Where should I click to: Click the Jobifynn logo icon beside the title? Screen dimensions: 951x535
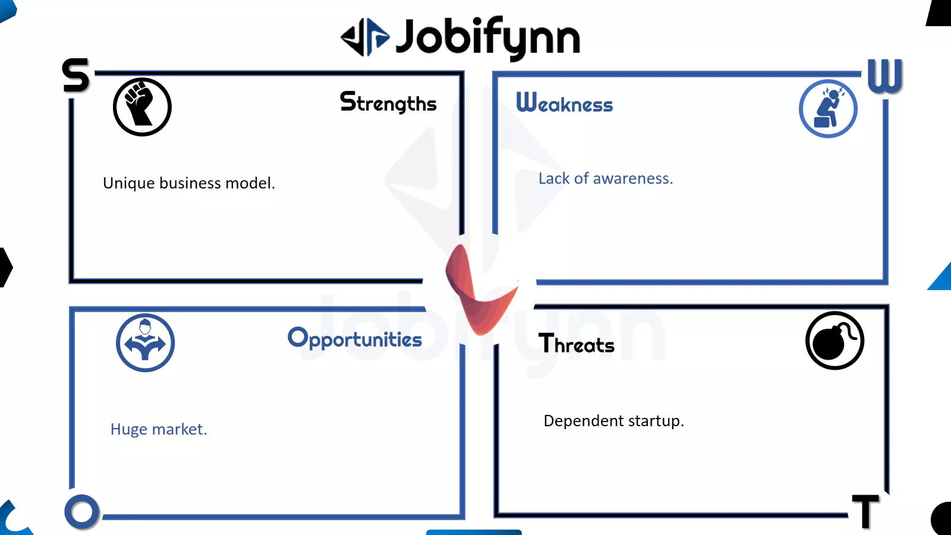[x=365, y=37]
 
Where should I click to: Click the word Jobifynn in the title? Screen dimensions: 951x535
[x=488, y=38]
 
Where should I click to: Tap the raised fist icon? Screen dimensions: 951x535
[x=142, y=107]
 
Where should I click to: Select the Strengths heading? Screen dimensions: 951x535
[x=388, y=102]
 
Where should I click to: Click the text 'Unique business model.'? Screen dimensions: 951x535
[x=189, y=183]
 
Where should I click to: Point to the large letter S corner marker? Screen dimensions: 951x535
[x=76, y=75]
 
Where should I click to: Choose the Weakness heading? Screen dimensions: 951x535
[x=564, y=103]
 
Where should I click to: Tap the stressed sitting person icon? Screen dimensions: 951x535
[x=828, y=109]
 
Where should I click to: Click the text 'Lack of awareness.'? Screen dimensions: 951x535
[x=606, y=178]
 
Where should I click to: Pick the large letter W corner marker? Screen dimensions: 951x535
[x=885, y=75]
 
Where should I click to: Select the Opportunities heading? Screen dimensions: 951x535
[x=355, y=339]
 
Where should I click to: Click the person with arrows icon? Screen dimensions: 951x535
[x=145, y=342]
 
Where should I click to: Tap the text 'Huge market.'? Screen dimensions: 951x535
[x=159, y=429]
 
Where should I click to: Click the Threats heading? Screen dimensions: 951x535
[x=576, y=344]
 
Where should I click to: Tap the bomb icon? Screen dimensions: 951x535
[x=835, y=341]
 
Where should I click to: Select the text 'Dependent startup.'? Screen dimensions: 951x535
[x=614, y=421]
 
